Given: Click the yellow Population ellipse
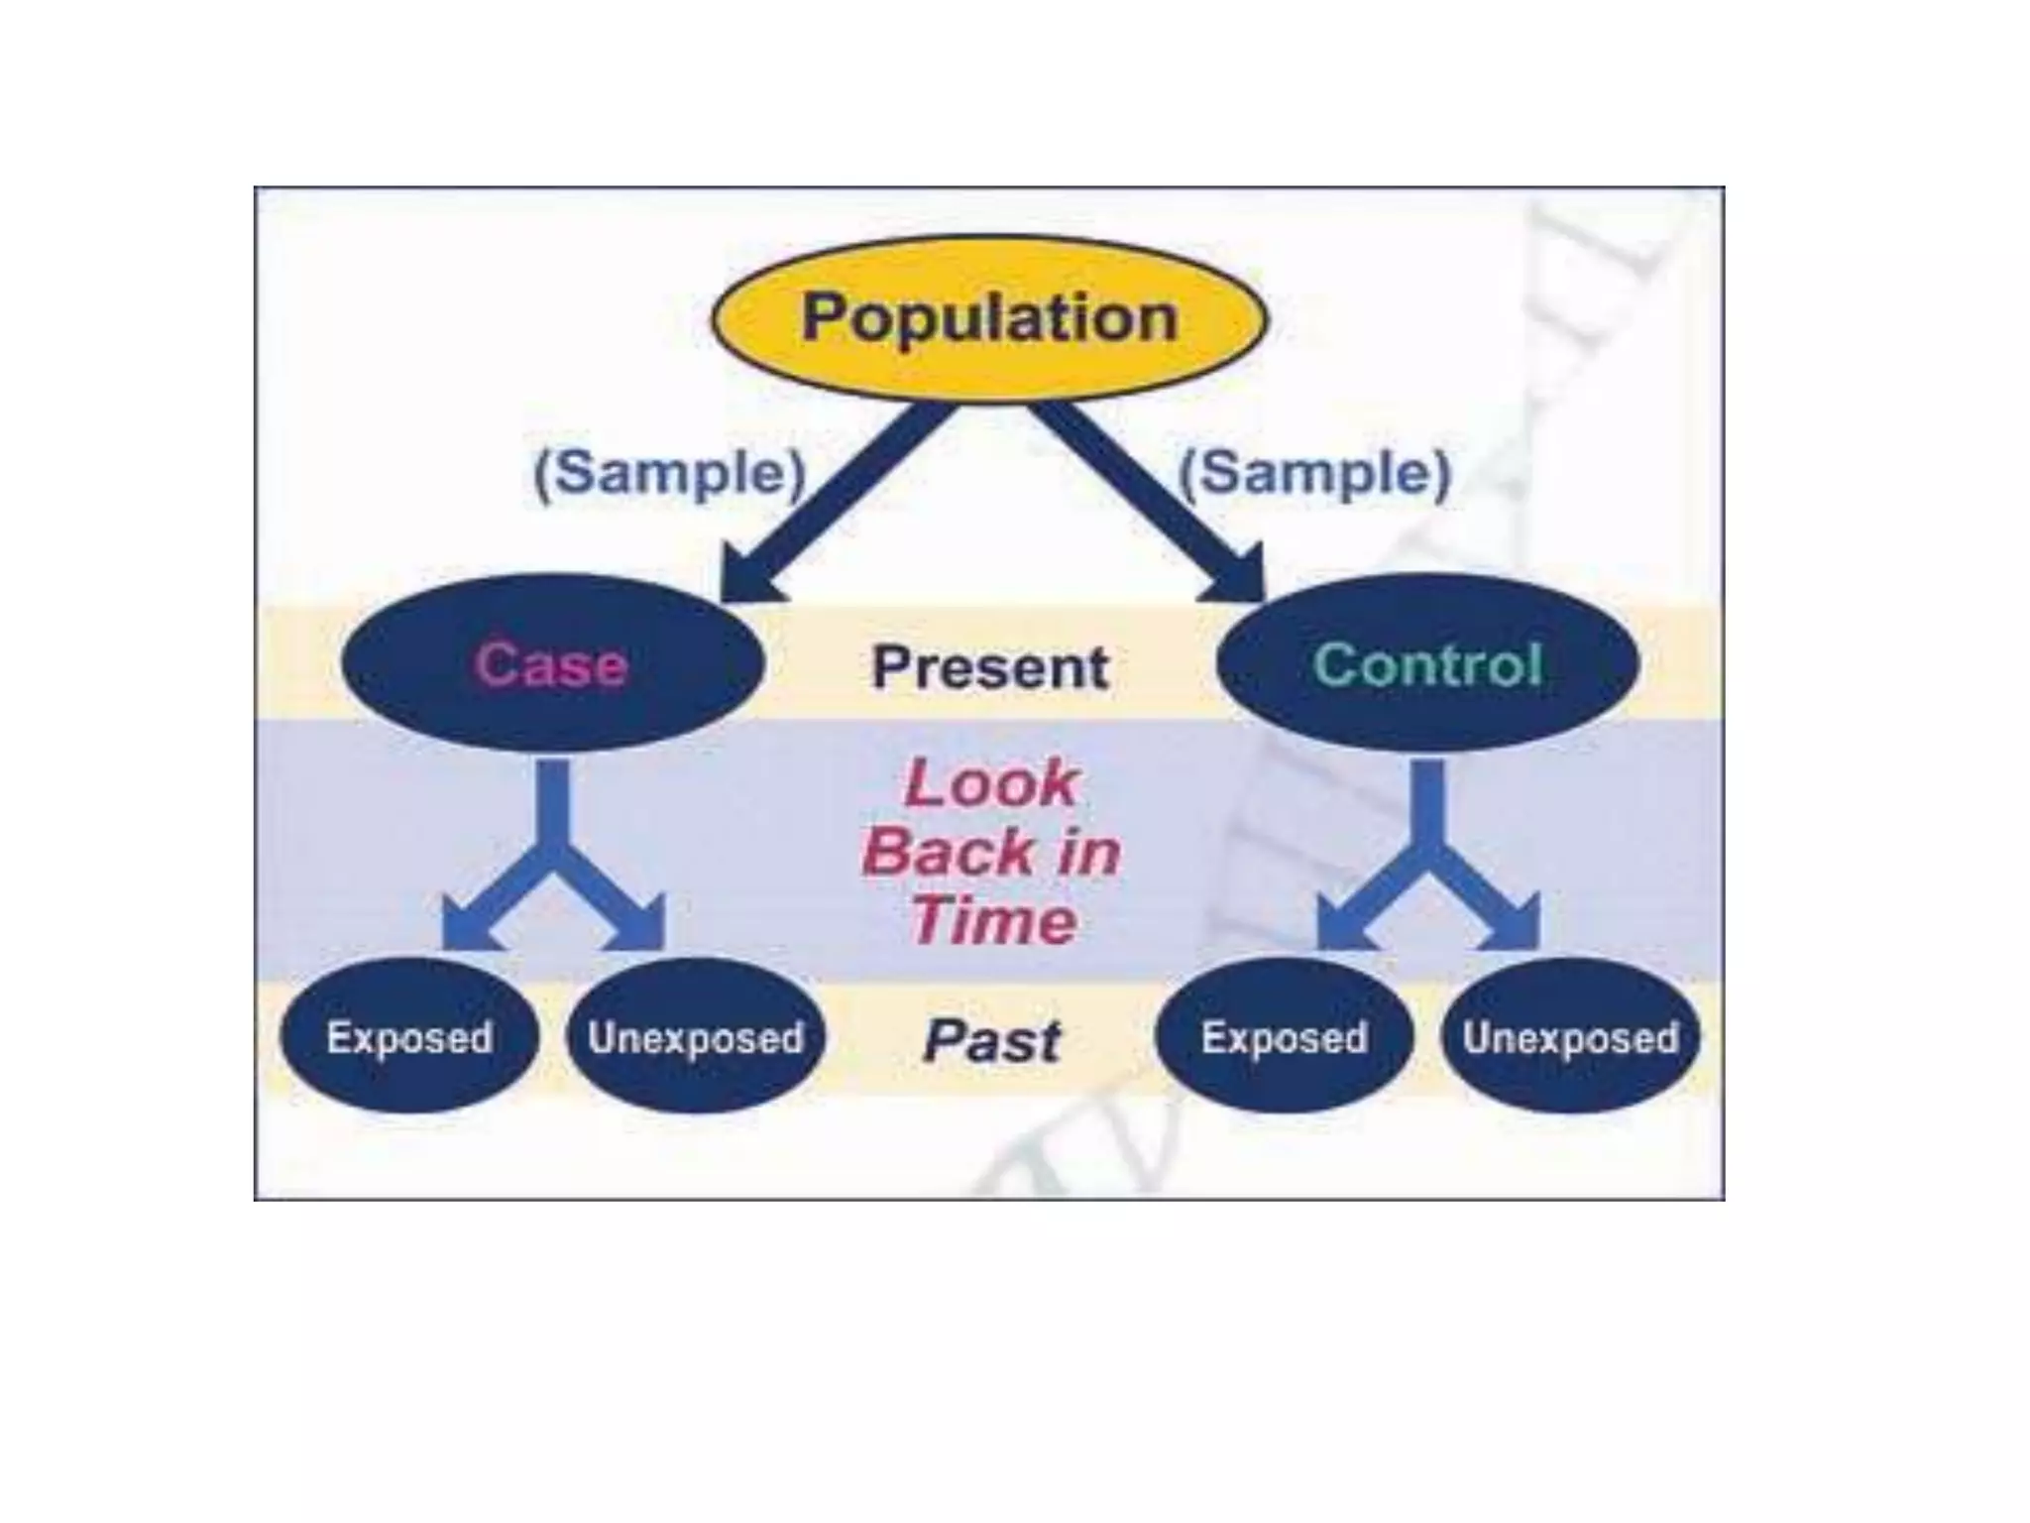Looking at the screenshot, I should (x=989, y=318).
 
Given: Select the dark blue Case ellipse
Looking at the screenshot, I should (x=552, y=663).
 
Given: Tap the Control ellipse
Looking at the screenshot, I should (x=1427, y=663).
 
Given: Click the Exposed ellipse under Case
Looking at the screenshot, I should (x=409, y=1037).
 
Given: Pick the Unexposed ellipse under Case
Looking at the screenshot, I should (x=695, y=1037).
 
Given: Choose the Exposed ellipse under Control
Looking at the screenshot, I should (x=1284, y=1037).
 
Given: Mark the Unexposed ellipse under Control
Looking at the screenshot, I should (x=1570, y=1037).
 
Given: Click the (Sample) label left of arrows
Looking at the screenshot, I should (x=670, y=473).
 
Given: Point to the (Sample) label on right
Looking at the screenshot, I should (x=1314, y=473).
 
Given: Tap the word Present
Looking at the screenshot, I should (x=989, y=667).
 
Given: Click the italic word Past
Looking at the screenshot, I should (x=991, y=1041).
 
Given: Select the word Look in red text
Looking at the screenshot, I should (x=991, y=783).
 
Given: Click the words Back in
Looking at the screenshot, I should (x=991, y=853).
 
